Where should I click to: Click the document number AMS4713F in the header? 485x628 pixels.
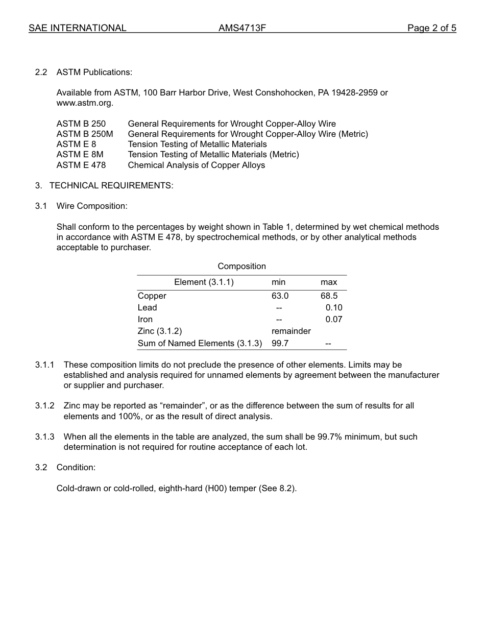pos(242,28)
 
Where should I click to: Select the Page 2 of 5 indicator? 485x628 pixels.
pos(431,28)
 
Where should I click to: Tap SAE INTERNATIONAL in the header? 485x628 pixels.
pos(77,28)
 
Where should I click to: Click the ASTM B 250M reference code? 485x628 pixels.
pos(85,134)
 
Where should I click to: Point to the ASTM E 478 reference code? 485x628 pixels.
pos(81,165)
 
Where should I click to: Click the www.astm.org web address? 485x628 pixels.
pos(84,103)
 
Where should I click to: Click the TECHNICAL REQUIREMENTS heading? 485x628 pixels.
pos(111,185)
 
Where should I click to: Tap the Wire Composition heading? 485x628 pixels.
pos(92,206)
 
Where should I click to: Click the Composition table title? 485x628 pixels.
pos(241,266)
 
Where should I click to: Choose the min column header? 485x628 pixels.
pos(278,282)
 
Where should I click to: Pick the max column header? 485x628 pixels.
pos(329,282)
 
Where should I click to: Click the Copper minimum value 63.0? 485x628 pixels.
pos(280,296)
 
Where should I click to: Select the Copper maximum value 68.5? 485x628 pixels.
pos(329,296)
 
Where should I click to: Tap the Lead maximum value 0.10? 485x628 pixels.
pos(334,307)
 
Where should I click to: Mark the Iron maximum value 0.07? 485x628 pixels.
pos(334,319)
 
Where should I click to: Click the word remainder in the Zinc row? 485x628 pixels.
pos(291,331)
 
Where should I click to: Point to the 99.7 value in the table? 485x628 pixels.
pos(280,343)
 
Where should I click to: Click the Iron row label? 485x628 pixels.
pos(145,319)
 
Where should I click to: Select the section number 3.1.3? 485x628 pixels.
pos(44,437)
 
